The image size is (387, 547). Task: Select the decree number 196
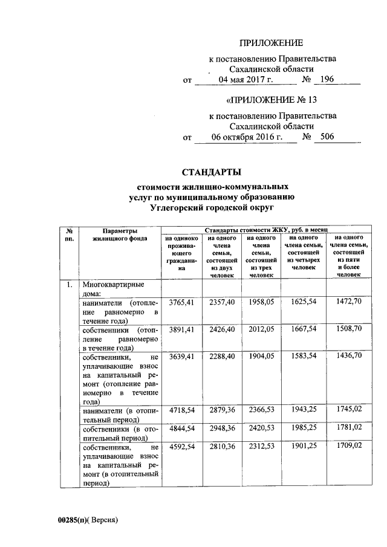click(x=327, y=79)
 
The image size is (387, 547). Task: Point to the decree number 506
click(x=327, y=137)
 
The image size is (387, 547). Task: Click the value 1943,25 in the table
click(x=303, y=411)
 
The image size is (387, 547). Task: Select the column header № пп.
click(x=70, y=235)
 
